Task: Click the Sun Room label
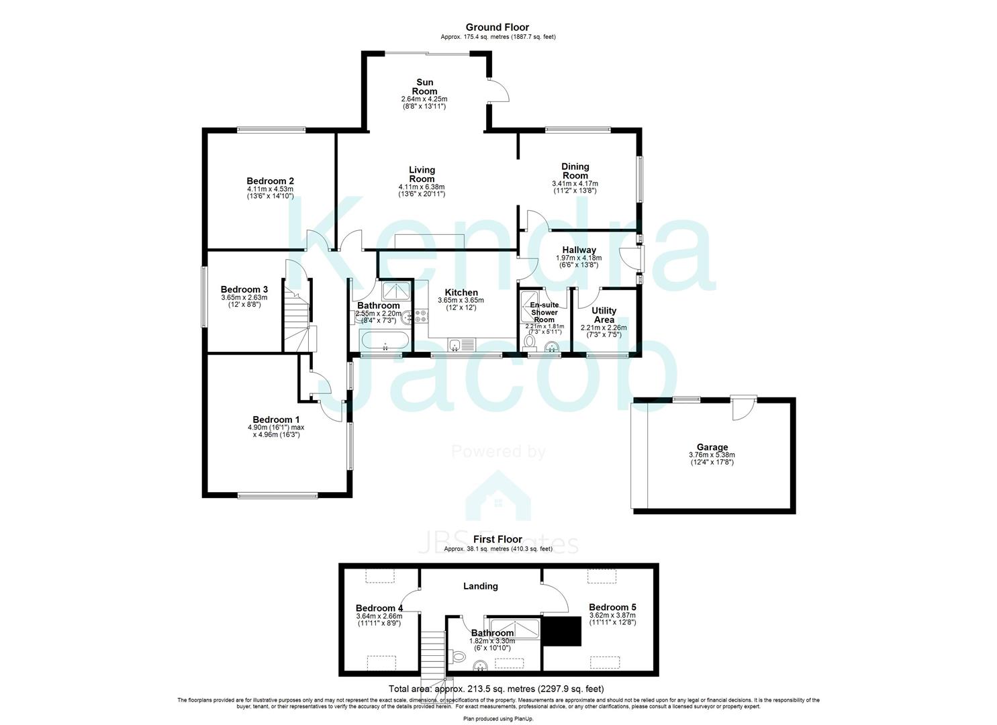click(424, 87)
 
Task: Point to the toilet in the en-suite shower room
click(530, 342)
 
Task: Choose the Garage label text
click(712, 447)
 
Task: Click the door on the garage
click(743, 408)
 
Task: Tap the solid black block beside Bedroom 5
click(561, 631)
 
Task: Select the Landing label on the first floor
click(481, 586)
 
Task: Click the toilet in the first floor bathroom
click(458, 654)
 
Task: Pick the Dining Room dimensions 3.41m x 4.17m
click(575, 183)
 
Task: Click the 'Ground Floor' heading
click(497, 28)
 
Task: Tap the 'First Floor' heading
click(497, 539)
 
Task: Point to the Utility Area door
click(591, 294)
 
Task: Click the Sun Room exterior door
click(498, 91)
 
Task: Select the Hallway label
click(579, 250)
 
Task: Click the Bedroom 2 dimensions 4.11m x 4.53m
click(270, 189)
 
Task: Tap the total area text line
click(497, 689)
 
